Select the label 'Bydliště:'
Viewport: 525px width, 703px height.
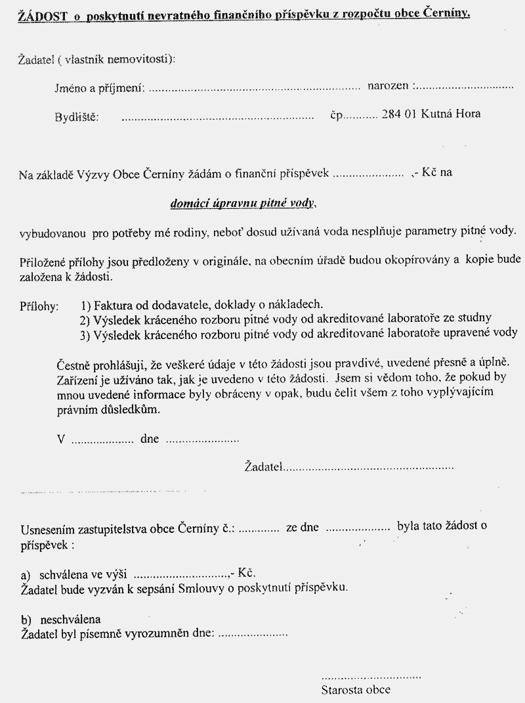tap(76, 118)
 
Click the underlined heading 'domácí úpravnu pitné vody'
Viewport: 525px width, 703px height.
tap(243, 204)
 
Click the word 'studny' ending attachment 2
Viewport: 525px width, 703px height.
tap(475, 318)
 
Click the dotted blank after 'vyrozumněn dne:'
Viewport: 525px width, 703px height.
tap(253, 635)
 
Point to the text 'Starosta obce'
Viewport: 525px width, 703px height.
tap(356, 689)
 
